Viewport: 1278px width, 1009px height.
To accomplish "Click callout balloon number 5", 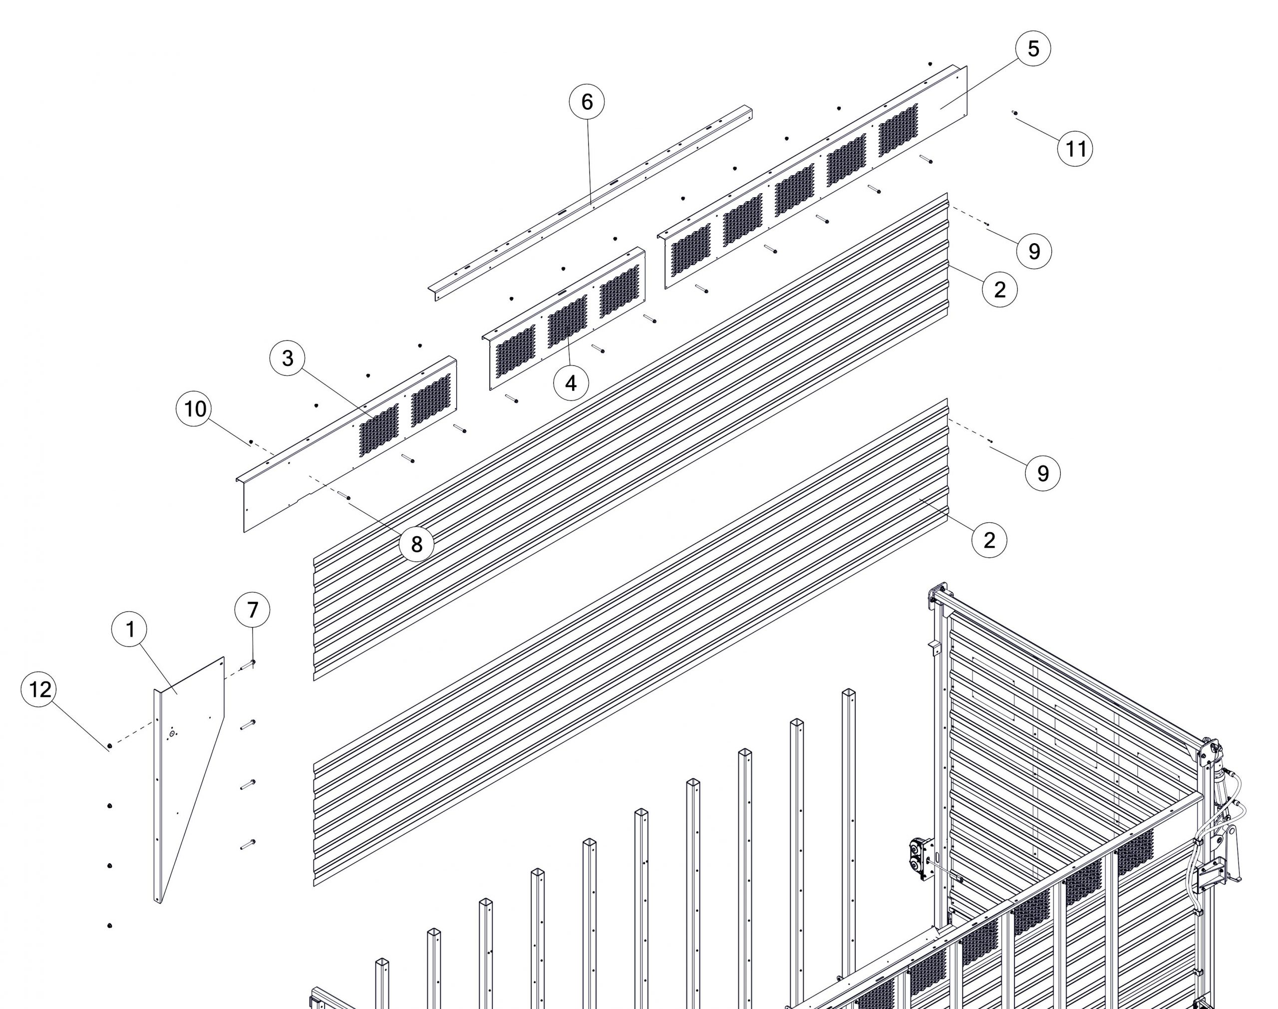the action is tap(1032, 48).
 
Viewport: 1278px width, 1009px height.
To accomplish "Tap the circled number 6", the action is tap(587, 102).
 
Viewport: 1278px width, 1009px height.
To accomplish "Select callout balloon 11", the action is tap(1075, 148).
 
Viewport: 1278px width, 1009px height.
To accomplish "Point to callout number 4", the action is tap(571, 383).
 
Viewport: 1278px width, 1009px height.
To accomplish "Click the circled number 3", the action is tap(288, 358).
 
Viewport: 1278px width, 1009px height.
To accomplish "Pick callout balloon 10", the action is tap(195, 409).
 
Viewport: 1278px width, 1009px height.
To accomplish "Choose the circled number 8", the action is tap(416, 544).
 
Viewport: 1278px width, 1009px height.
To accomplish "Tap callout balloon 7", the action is tap(253, 610).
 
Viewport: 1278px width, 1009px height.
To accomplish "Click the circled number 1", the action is tap(130, 630).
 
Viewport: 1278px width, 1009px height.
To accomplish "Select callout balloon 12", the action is tap(39, 689).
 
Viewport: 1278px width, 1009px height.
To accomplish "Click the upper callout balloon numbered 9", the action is tap(1034, 251).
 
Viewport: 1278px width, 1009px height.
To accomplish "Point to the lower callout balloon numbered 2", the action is tap(989, 540).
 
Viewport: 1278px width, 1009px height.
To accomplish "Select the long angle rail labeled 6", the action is tap(591, 203).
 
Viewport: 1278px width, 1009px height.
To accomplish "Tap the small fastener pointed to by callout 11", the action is tap(1014, 113).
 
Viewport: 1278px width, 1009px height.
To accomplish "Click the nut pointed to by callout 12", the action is tap(110, 745).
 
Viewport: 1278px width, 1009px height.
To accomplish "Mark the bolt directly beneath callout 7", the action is tap(248, 665).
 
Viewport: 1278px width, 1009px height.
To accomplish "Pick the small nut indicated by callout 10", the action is tap(251, 441).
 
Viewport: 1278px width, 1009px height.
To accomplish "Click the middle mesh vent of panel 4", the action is tap(568, 321).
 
